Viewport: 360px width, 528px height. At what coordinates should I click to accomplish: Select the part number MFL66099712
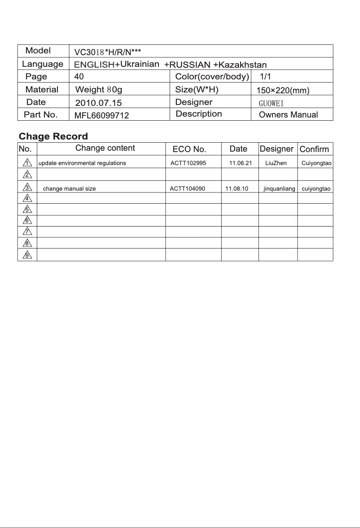101,116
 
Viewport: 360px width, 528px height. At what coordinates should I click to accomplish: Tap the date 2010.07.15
98,103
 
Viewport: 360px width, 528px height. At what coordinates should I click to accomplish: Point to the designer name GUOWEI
272,103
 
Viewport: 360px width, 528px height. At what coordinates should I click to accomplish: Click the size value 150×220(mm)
283,91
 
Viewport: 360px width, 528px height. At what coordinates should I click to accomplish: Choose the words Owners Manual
288,115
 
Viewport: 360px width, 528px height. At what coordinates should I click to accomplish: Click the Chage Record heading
53,136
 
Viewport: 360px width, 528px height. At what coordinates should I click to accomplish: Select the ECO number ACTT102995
188,163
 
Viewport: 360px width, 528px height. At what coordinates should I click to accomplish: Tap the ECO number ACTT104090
187,189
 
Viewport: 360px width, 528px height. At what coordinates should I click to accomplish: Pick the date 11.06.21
240,163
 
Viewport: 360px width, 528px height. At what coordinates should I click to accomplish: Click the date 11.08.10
237,189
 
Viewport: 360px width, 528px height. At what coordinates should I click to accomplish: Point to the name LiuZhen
276,163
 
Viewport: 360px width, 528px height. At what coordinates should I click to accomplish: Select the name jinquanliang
279,189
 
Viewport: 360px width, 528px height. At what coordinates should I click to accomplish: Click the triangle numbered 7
27,231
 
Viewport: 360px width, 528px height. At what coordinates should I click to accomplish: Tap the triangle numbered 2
27,174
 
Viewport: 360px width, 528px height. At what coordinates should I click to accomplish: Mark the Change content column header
105,148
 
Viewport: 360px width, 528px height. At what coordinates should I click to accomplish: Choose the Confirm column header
314,149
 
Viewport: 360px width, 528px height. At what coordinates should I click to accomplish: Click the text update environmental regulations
82,163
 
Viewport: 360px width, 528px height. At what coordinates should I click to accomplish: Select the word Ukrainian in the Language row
140,64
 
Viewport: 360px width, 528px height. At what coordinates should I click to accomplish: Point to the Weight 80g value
99,90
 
